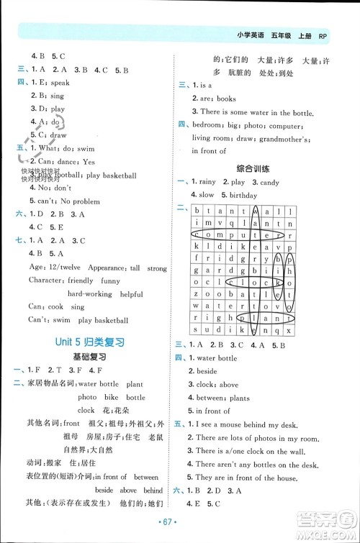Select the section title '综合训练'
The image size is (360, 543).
[x=254, y=168]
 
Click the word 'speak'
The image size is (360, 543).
[x=62, y=83]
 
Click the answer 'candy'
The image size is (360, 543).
[x=269, y=182]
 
